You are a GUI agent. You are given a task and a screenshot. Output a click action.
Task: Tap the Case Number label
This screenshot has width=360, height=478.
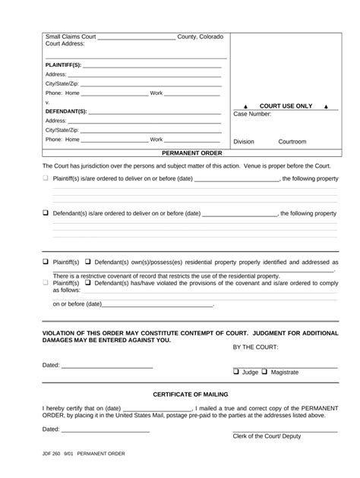pos(252,115)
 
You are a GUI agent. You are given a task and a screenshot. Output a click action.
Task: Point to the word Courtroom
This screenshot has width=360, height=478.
pos(292,142)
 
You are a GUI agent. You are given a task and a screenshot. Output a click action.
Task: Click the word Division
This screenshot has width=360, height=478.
pos(244,142)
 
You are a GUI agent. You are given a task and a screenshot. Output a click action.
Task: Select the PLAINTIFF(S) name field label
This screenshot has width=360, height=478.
pos(63,64)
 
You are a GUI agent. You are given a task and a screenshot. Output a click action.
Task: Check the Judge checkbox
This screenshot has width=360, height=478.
pos(236,373)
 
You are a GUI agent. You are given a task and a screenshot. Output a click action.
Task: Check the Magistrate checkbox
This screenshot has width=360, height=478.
pos(266,373)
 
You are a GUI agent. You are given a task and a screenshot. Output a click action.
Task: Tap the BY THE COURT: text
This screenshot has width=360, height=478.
pos(255,347)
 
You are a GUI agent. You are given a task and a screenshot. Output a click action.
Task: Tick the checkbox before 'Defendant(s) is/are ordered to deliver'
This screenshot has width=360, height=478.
pos(46,213)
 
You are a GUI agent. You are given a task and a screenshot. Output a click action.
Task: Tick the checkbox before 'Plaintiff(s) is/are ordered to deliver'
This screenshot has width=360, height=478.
pos(46,178)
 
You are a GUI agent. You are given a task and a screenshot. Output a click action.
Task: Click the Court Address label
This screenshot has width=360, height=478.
pos(65,44)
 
